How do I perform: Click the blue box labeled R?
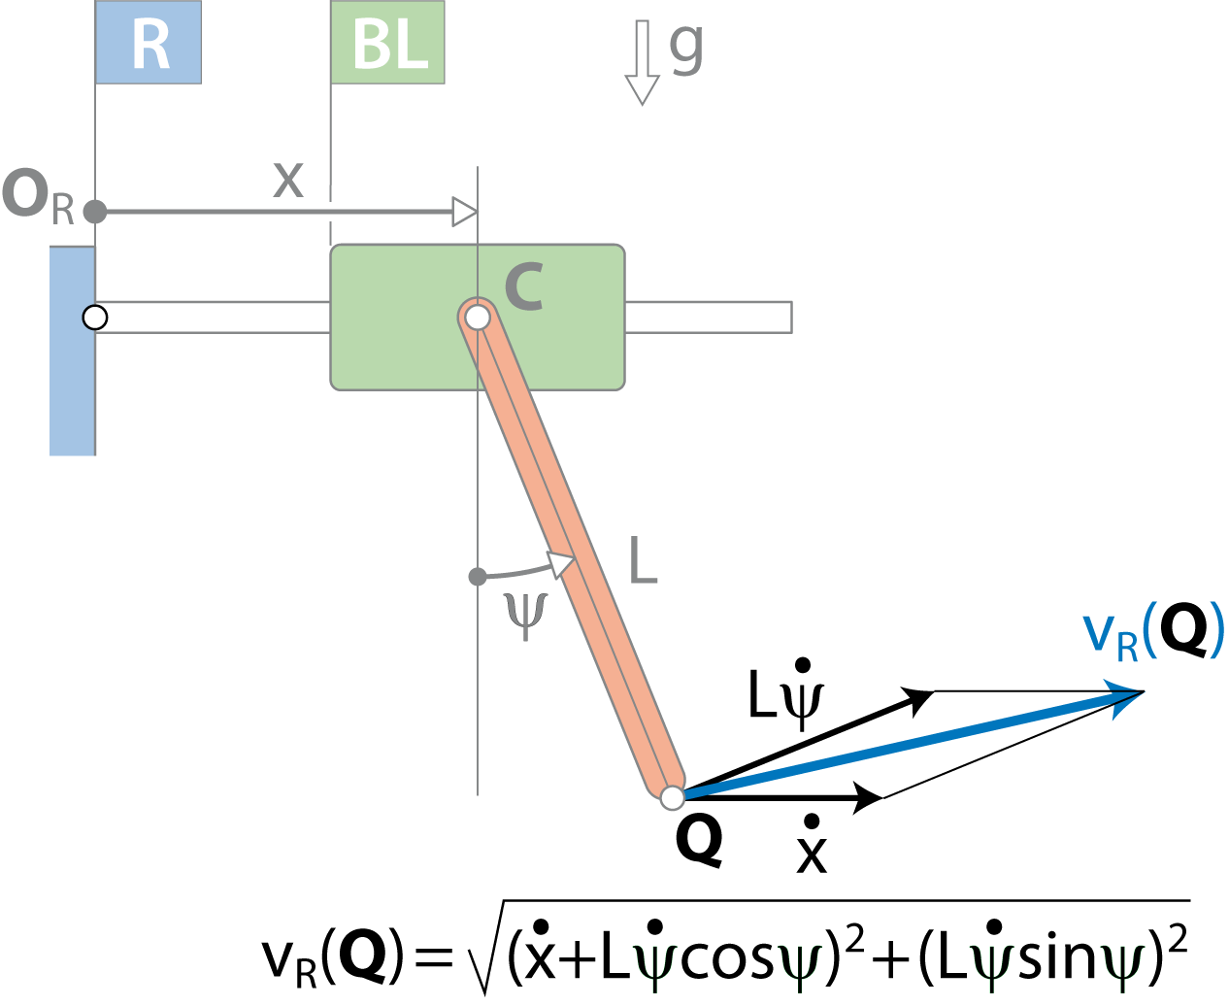(148, 42)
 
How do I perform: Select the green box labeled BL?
(387, 42)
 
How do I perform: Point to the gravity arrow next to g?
(643, 63)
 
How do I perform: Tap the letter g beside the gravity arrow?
(686, 49)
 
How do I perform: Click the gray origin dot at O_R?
(95, 212)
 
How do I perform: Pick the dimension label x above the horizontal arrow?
(288, 180)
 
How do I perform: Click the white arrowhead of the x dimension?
(464, 212)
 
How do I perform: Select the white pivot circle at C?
(478, 318)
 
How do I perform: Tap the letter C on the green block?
(524, 286)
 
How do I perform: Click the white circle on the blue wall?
(95, 318)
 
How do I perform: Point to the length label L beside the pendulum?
(644, 560)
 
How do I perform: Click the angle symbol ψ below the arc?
(526, 616)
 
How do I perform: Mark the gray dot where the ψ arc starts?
(478, 577)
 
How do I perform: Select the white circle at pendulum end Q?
(673, 798)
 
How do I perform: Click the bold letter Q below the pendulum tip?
(699, 842)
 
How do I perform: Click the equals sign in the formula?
(434, 958)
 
